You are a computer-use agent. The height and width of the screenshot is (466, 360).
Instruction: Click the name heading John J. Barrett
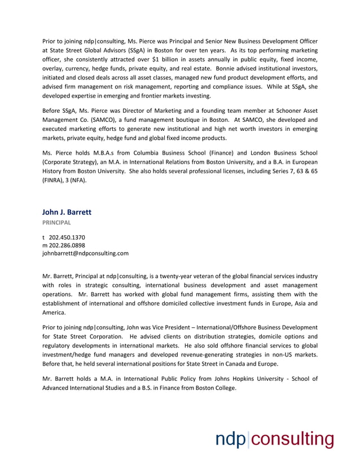67,212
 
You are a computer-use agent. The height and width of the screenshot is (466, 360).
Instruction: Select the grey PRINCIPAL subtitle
56,223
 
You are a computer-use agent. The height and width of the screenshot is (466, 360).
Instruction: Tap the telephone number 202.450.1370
67,238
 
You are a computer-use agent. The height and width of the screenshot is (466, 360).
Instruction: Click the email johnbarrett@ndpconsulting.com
85,253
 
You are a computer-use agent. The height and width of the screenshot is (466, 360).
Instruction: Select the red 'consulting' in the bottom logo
292,439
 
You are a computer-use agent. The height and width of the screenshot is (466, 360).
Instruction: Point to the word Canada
223,364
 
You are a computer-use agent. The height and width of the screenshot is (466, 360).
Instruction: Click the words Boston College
216,388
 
